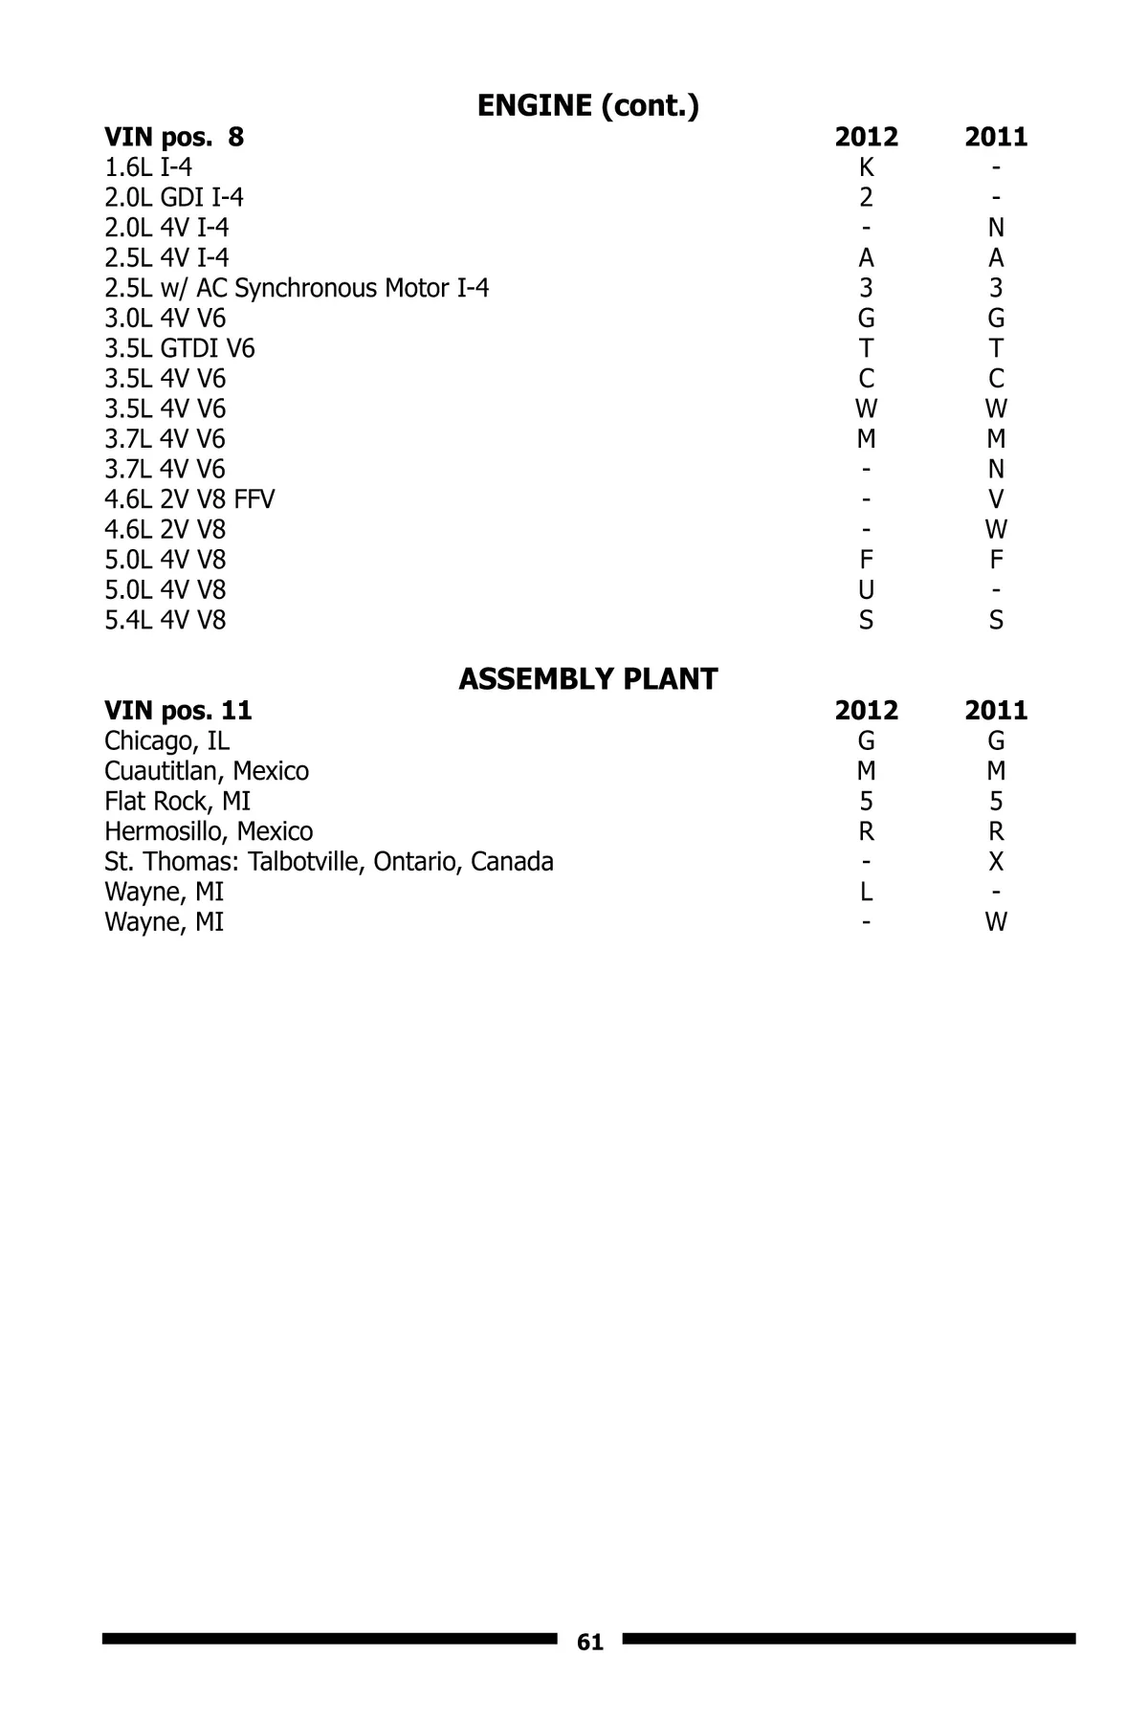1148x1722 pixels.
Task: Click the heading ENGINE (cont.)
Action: [587, 106]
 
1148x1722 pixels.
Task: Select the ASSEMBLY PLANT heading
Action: [587, 679]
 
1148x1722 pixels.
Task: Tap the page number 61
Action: [590, 1643]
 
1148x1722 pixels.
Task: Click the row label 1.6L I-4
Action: [148, 167]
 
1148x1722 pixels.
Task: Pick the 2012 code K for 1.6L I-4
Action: [866, 167]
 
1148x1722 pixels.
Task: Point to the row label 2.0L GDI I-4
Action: [174, 198]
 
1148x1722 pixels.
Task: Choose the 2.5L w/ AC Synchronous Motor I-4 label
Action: [297, 288]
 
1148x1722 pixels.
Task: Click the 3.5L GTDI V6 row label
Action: [180, 348]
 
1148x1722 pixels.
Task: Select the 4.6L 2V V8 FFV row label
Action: [189, 499]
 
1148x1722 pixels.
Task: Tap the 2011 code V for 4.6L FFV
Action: [996, 499]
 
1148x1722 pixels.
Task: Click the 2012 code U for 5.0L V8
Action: [866, 590]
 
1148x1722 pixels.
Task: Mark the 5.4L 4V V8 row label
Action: [166, 621]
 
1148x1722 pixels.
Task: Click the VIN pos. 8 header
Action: [174, 137]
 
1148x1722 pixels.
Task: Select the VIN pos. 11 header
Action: [178, 711]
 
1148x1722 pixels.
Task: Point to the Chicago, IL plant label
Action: [166, 741]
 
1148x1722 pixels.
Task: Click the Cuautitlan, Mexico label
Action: [207, 771]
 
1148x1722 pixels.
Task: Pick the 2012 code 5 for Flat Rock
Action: [866, 802]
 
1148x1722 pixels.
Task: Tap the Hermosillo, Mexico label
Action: [209, 831]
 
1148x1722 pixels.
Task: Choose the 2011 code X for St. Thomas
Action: [996, 862]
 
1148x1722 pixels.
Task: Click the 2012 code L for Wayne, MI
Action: [866, 893]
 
